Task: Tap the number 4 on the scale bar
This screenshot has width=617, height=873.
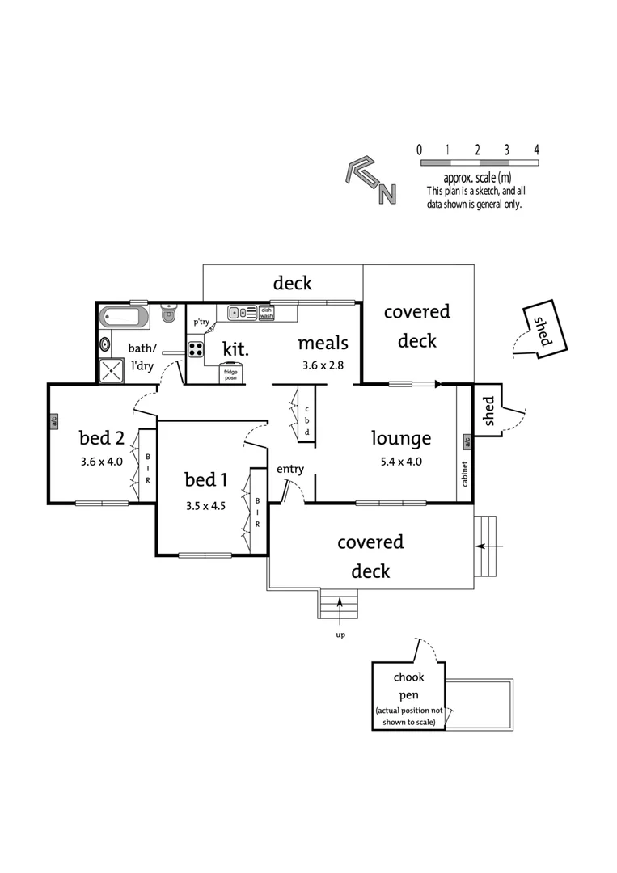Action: click(536, 150)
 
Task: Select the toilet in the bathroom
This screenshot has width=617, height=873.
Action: click(169, 314)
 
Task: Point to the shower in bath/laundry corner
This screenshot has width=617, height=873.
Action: click(109, 371)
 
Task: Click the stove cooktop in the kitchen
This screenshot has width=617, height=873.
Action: click(196, 349)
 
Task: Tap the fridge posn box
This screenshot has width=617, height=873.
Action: click(230, 374)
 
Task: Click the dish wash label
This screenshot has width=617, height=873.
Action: click(267, 313)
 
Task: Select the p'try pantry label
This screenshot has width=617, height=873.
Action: click(201, 322)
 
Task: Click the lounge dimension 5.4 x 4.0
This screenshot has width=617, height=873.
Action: click(401, 463)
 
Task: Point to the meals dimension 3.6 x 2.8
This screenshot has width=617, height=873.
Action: click(323, 365)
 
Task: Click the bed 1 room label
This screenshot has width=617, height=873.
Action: click(205, 480)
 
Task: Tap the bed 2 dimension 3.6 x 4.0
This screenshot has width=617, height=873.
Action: click(102, 462)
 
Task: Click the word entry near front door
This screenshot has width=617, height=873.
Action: click(289, 469)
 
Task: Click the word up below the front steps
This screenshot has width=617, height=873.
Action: click(340, 635)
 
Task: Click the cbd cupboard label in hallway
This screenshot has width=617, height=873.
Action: click(307, 421)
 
